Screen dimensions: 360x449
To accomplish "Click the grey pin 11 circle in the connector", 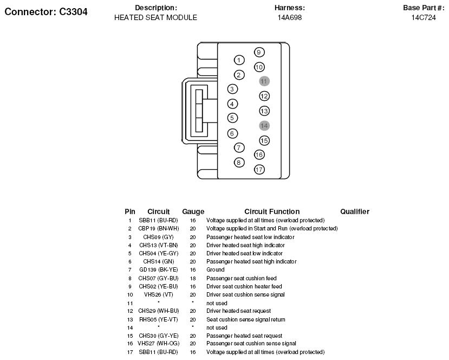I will [x=264, y=81].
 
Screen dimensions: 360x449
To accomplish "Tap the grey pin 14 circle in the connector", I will [x=264, y=125].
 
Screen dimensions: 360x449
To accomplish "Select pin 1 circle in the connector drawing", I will [x=239, y=60].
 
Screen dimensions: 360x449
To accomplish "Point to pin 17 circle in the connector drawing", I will [x=259, y=170].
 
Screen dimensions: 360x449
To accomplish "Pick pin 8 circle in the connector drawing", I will [x=239, y=162].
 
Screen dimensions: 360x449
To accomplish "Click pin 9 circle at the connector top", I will [x=259, y=52].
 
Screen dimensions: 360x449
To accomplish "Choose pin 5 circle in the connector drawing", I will [x=232, y=118].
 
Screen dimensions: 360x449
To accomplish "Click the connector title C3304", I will [x=45, y=12].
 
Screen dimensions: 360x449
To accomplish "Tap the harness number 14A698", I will [x=289, y=17].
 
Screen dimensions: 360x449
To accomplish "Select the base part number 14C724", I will [x=424, y=17].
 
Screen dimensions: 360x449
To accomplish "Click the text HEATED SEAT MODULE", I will [x=155, y=17].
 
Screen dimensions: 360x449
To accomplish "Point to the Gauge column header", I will [x=193, y=211].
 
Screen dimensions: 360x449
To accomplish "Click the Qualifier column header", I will [x=355, y=211].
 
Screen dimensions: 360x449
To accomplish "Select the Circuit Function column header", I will [x=272, y=211].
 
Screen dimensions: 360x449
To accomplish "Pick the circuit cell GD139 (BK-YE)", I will [x=158, y=270].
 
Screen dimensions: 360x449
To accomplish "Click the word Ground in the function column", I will [x=215, y=270].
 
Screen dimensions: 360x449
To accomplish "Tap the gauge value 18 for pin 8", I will [x=193, y=278].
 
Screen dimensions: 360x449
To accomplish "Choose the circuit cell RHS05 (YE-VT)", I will [x=158, y=320].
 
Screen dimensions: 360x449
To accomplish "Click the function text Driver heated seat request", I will [x=239, y=311].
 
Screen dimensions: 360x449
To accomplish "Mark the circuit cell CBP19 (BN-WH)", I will [x=158, y=229].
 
